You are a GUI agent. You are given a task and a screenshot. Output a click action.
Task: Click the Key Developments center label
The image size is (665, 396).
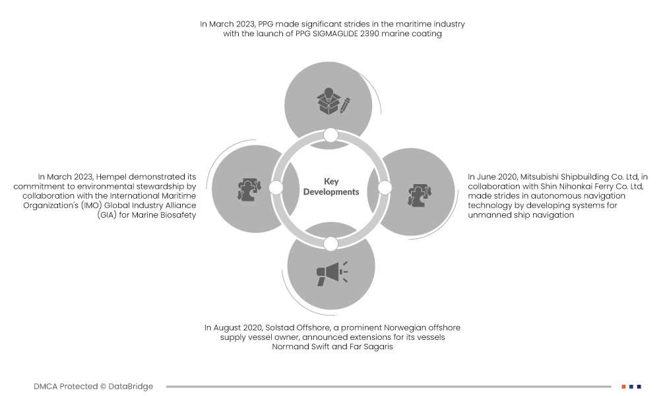click(x=331, y=187)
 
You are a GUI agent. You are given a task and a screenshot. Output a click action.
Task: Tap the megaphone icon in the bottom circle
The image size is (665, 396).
click(x=331, y=272)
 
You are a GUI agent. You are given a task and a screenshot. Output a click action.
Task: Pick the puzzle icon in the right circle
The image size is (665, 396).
click(x=419, y=193)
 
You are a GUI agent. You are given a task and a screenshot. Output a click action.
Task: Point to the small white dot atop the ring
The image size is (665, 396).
click(x=331, y=135)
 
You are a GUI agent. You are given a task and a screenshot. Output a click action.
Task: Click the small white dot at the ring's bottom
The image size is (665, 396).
click(x=331, y=244)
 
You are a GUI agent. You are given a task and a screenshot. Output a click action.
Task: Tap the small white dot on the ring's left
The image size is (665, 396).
click(x=276, y=188)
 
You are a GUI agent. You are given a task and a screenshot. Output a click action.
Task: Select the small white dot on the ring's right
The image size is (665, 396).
click(x=385, y=188)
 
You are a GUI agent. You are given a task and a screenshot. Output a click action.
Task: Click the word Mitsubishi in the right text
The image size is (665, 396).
click(x=544, y=177)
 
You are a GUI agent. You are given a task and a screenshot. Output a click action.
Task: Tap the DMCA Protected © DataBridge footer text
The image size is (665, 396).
click(x=93, y=386)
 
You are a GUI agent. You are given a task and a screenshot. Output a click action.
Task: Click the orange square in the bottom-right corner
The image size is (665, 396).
click(x=623, y=386)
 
